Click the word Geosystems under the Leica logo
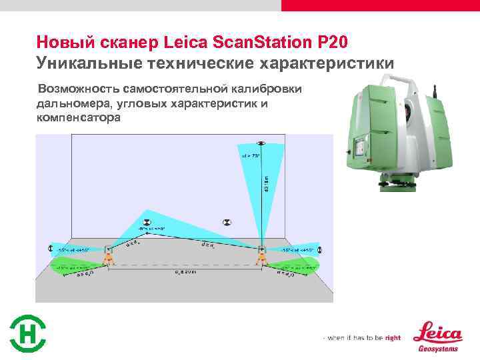coord(437,347)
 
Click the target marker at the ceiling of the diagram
coord(261,143)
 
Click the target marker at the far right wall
coord(319,249)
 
